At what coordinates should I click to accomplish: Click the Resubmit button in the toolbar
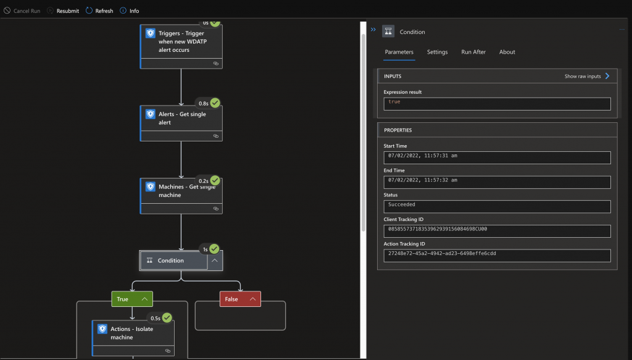[63, 11]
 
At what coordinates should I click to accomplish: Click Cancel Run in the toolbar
[22, 11]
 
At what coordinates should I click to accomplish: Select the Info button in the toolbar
[130, 11]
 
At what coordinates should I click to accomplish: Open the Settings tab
[438, 52]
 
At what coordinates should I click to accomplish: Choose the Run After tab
[473, 52]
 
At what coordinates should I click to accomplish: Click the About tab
[507, 52]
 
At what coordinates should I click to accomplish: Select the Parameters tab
[399, 52]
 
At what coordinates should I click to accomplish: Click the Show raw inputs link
[587, 76]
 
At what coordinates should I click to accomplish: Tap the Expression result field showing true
[497, 104]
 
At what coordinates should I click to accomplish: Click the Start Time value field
[497, 157]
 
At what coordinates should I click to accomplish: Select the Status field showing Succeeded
[497, 206]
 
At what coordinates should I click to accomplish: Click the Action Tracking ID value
[497, 256]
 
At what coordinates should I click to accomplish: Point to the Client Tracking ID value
[497, 231]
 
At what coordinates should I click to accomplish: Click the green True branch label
[132, 299]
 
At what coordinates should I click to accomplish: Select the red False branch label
[240, 299]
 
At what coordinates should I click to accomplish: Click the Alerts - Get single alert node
[181, 123]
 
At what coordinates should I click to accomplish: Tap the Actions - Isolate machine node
[133, 338]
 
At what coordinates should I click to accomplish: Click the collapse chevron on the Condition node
[215, 261]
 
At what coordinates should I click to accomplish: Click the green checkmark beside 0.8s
[215, 103]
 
